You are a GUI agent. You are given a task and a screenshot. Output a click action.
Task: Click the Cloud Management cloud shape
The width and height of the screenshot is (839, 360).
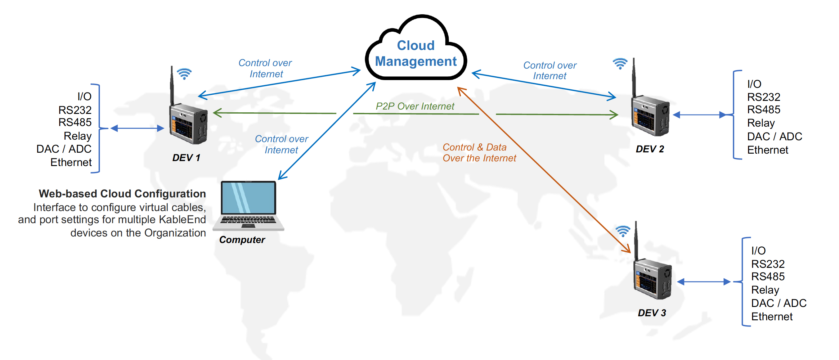416,52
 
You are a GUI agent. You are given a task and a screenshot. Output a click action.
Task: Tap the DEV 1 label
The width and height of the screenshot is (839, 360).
186,158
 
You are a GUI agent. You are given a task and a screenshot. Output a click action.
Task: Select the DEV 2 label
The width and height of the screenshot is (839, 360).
649,149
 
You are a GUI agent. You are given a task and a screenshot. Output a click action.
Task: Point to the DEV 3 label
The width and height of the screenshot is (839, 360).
652,313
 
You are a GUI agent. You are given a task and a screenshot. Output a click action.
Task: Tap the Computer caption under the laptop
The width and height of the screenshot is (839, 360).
242,240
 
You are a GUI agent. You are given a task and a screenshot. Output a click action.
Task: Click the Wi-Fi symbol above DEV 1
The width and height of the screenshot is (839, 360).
184,74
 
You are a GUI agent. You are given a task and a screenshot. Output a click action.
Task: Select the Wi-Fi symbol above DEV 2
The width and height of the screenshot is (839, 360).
620,63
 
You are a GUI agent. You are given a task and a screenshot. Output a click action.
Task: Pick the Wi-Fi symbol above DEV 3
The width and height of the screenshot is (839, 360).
623,231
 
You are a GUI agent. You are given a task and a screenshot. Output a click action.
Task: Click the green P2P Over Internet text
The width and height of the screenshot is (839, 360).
415,106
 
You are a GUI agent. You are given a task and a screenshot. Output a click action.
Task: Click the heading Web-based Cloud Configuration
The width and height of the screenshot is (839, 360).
122,194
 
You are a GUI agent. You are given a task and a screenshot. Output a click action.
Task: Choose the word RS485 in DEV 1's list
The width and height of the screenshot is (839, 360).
75,123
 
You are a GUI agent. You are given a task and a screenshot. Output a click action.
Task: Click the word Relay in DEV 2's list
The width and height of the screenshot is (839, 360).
761,123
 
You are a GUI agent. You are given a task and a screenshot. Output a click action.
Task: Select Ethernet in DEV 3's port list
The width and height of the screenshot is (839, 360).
772,317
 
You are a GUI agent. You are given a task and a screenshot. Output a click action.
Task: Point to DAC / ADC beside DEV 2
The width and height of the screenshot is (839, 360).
774,137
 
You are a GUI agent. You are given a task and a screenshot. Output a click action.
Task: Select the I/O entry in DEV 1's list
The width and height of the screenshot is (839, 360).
84,97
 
